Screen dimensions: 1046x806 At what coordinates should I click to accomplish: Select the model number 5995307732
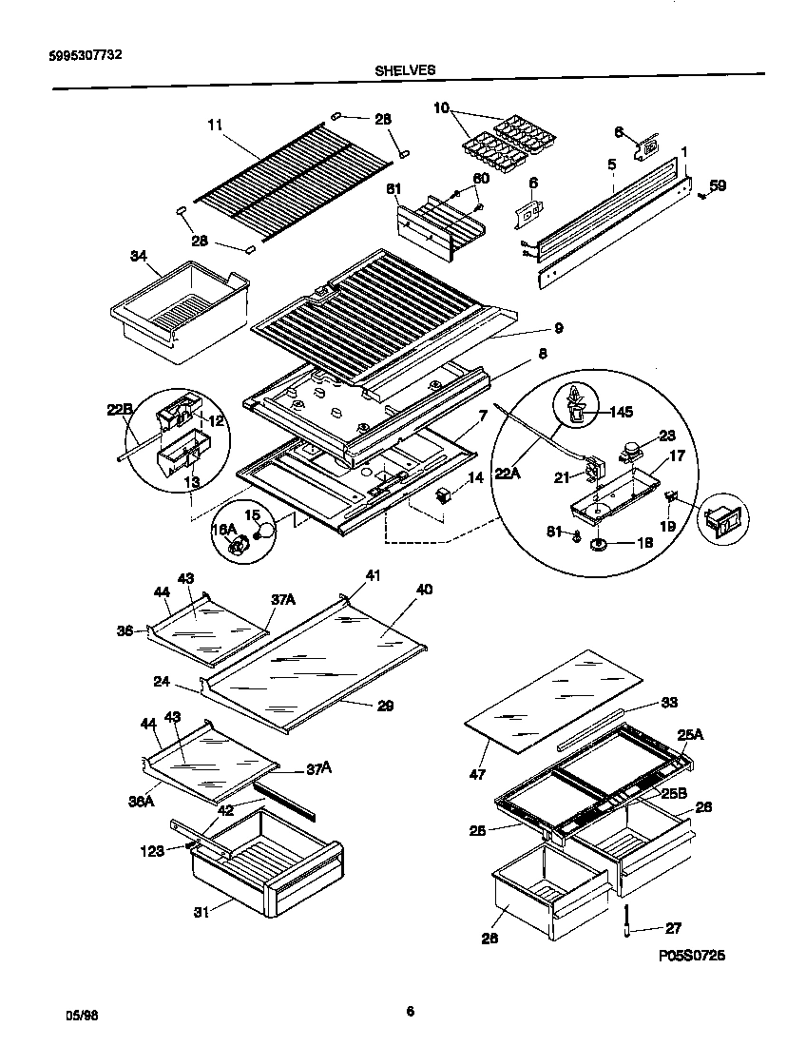click(85, 54)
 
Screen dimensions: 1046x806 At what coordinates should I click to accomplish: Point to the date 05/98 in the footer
click(83, 1015)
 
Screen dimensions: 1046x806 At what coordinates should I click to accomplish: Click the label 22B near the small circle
click(119, 410)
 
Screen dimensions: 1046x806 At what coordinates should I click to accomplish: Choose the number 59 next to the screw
click(718, 185)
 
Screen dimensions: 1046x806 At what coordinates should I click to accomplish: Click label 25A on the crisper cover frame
click(690, 733)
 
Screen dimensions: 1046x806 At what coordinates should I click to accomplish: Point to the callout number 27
click(672, 928)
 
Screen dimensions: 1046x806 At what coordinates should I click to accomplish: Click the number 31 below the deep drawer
click(201, 913)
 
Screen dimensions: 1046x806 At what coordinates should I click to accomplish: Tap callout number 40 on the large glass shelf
click(424, 590)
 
